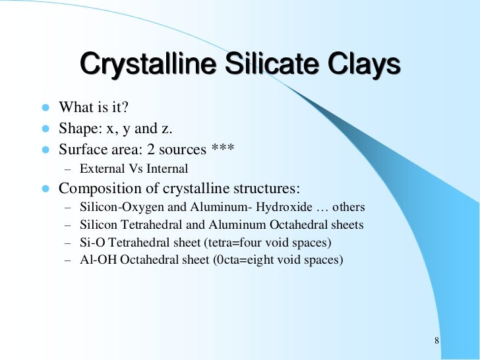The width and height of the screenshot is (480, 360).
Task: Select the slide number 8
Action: [x=437, y=341]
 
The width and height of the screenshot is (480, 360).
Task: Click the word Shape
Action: [x=77, y=129]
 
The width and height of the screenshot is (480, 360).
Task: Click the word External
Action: [x=102, y=169]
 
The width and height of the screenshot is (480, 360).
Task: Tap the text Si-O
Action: [x=90, y=243]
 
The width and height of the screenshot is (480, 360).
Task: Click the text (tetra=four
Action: [x=229, y=243]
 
